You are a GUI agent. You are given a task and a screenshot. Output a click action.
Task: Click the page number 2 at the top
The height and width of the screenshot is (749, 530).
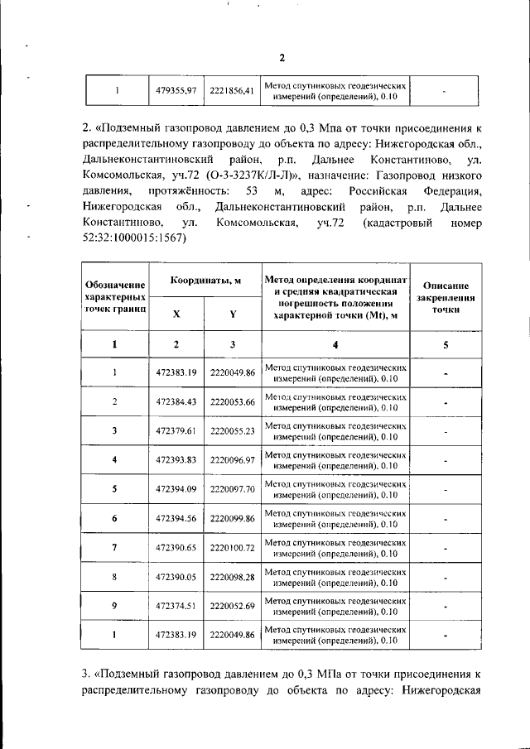click(281, 57)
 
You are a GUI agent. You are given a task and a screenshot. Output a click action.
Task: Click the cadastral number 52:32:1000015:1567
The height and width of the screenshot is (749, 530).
click(137, 238)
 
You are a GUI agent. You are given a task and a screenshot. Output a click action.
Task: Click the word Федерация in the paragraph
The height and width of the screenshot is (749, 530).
click(451, 192)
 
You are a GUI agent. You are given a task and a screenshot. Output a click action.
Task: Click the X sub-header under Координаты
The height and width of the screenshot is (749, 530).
click(176, 314)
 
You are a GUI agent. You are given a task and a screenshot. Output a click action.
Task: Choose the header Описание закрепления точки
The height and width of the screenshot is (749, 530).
click(446, 296)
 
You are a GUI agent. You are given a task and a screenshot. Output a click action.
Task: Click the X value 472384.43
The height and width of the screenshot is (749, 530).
click(175, 402)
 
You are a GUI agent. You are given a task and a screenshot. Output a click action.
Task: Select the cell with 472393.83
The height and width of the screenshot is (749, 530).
click(175, 460)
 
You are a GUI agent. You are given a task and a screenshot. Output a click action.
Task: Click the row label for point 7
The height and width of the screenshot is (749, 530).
click(114, 548)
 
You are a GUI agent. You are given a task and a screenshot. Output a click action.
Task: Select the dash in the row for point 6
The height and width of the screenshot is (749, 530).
click(446, 519)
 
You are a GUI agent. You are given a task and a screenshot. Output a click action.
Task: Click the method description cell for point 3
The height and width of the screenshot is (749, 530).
click(335, 431)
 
